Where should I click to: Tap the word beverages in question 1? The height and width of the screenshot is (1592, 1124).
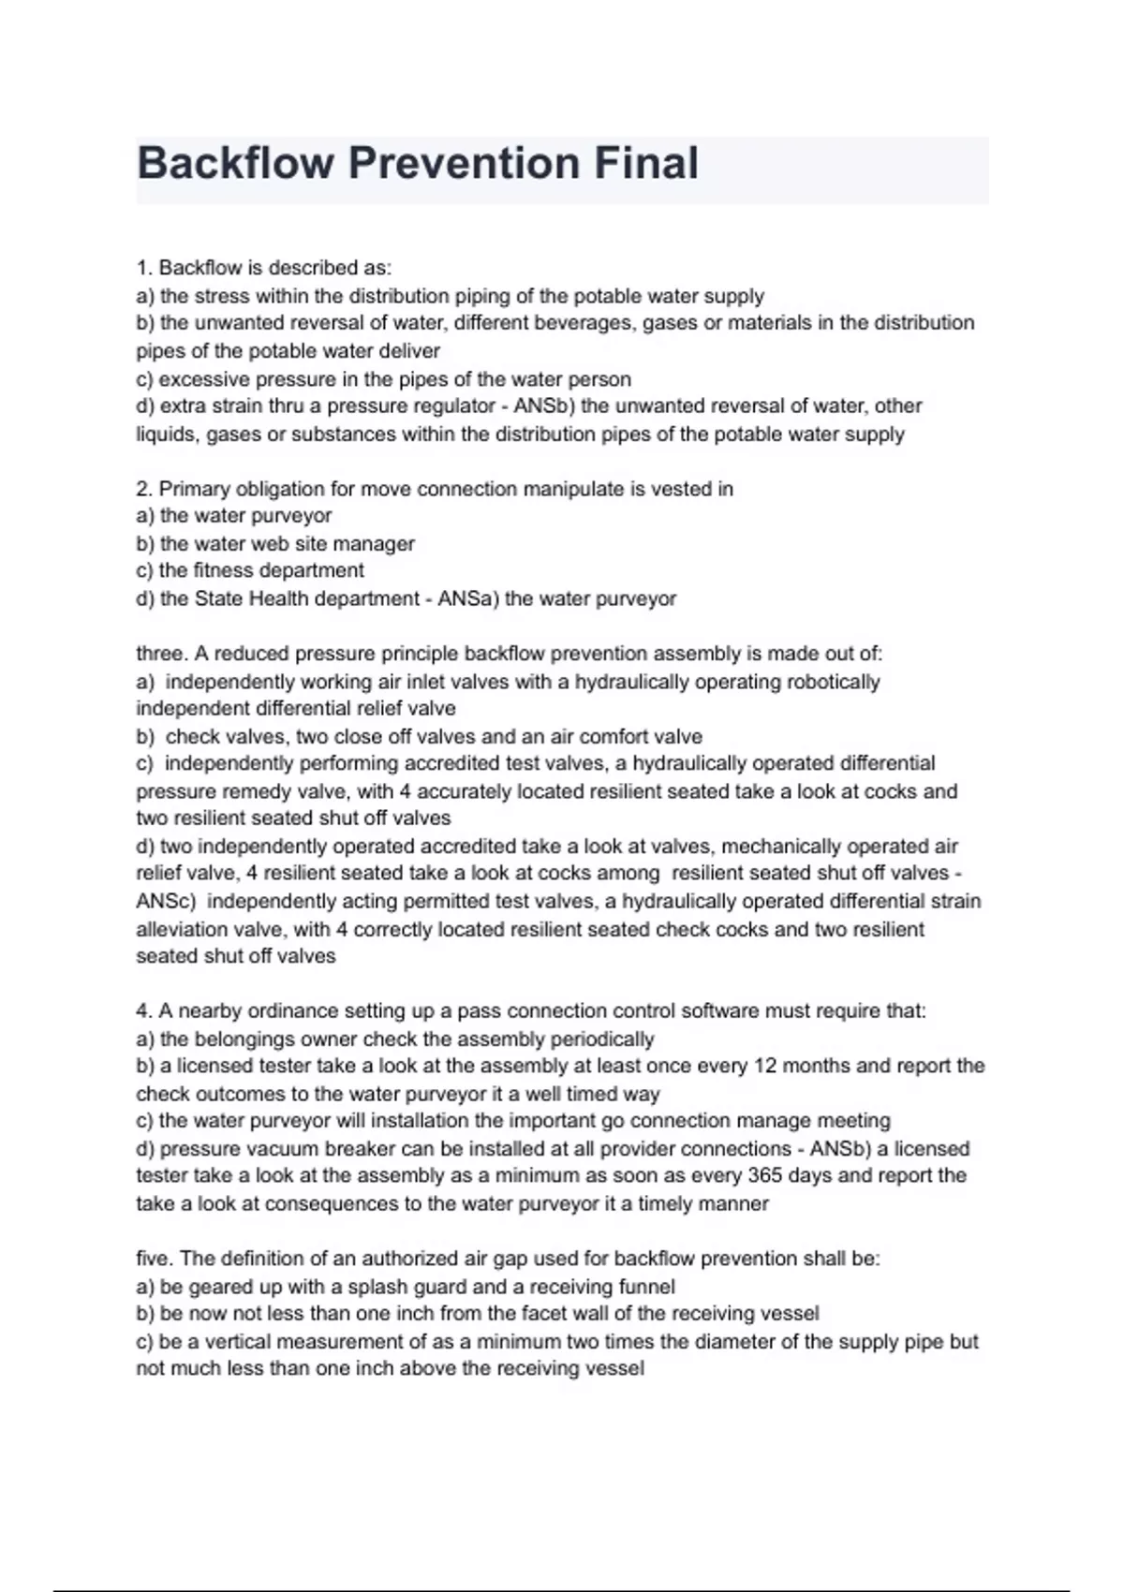588,323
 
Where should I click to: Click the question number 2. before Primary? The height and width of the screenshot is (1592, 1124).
144,489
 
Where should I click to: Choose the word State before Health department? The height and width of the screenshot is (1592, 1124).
219,598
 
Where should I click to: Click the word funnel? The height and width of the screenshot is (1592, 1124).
645,1287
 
